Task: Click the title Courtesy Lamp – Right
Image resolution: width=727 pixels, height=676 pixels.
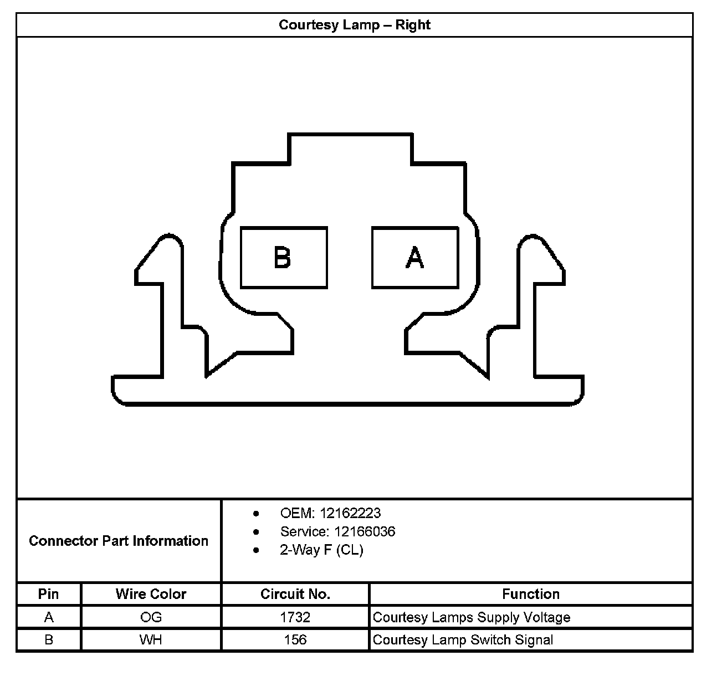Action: click(x=355, y=25)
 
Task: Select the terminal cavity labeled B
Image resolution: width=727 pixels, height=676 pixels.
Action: click(x=284, y=258)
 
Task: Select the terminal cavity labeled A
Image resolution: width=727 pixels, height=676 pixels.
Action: click(x=415, y=258)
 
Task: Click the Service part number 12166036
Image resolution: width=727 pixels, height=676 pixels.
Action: click(x=364, y=532)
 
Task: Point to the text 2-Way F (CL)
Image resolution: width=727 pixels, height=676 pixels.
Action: click(x=321, y=550)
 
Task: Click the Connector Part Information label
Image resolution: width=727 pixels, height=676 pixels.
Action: click(x=119, y=541)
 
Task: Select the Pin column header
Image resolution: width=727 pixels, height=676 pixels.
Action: click(x=49, y=594)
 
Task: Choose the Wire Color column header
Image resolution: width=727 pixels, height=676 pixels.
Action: click(x=151, y=594)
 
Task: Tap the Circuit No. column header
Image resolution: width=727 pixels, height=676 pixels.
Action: click(x=295, y=594)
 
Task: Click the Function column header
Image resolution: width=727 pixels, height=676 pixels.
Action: click(x=531, y=594)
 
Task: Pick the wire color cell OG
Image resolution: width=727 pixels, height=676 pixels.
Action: click(x=151, y=617)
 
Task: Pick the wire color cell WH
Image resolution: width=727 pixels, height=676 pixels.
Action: click(x=151, y=640)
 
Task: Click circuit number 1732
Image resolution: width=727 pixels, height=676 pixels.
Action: click(x=295, y=617)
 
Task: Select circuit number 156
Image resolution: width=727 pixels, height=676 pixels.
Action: click(x=295, y=640)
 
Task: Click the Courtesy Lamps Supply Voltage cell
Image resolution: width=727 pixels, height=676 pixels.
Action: click(x=472, y=617)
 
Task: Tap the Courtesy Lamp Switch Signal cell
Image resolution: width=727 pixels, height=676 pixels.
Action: click(x=463, y=640)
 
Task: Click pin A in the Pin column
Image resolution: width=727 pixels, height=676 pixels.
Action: click(x=49, y=617)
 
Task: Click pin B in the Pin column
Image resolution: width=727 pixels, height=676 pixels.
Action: click(x=49, y=640)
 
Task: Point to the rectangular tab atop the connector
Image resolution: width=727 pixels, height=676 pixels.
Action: click(x=350, y=148)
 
